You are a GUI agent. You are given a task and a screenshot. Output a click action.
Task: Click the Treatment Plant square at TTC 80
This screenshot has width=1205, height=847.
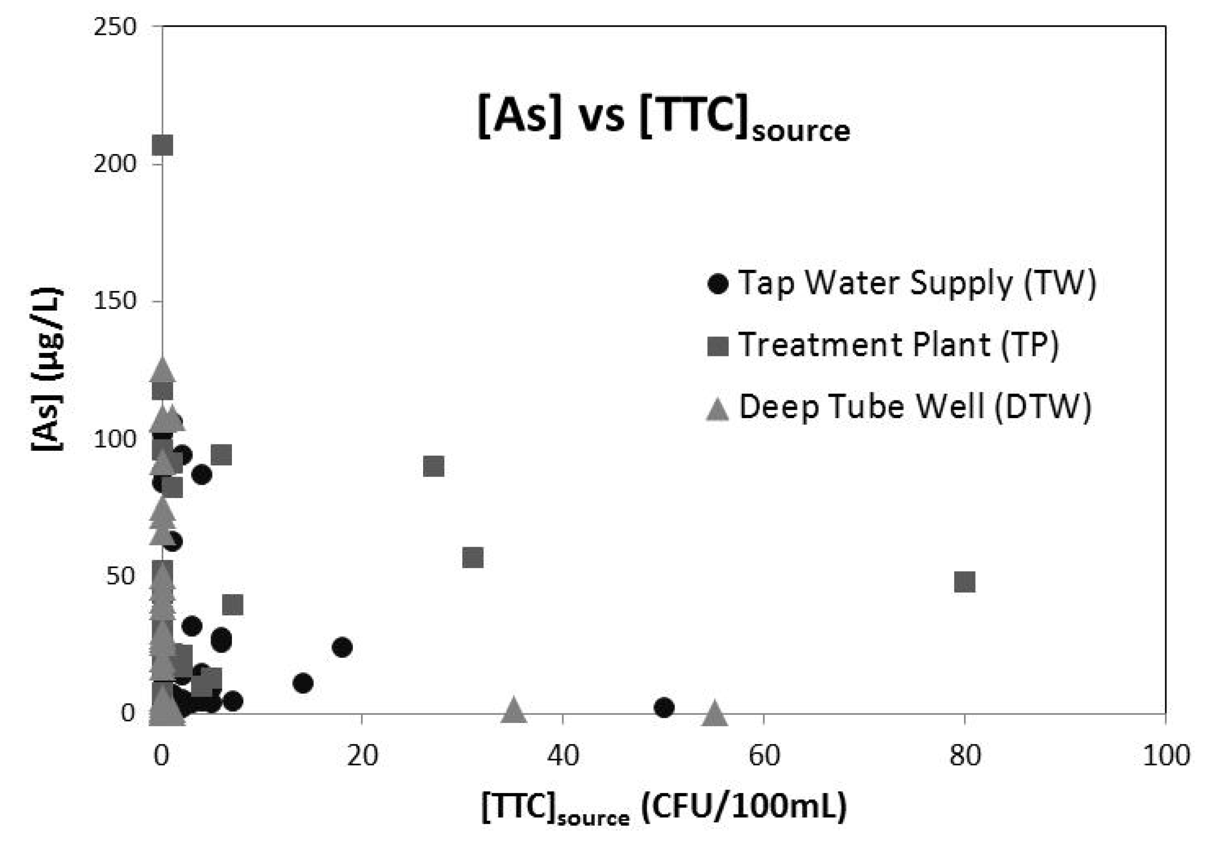(964, 582)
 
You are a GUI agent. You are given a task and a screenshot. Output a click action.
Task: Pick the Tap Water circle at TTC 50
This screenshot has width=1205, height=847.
(664, 707)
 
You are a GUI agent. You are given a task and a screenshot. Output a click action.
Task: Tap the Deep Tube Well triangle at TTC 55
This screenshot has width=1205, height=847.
(714, 712)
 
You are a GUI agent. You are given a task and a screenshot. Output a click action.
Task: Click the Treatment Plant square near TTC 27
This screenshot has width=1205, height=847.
(434, 466)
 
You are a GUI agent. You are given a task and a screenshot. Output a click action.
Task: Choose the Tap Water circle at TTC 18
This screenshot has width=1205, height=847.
(342, 647)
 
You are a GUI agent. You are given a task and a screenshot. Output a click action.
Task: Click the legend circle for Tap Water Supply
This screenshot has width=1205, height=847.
(718, 284)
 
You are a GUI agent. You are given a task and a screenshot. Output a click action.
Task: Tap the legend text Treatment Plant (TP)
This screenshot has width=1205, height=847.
(898, 345)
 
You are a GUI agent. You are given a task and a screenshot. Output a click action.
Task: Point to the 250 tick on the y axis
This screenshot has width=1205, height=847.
(115, 26)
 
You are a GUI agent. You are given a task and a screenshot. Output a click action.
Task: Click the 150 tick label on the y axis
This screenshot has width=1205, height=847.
(115, 301)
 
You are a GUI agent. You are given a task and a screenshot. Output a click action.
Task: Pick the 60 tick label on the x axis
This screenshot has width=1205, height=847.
(764, 756)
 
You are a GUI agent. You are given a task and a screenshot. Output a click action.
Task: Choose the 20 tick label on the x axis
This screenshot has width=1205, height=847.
(363, 756)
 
